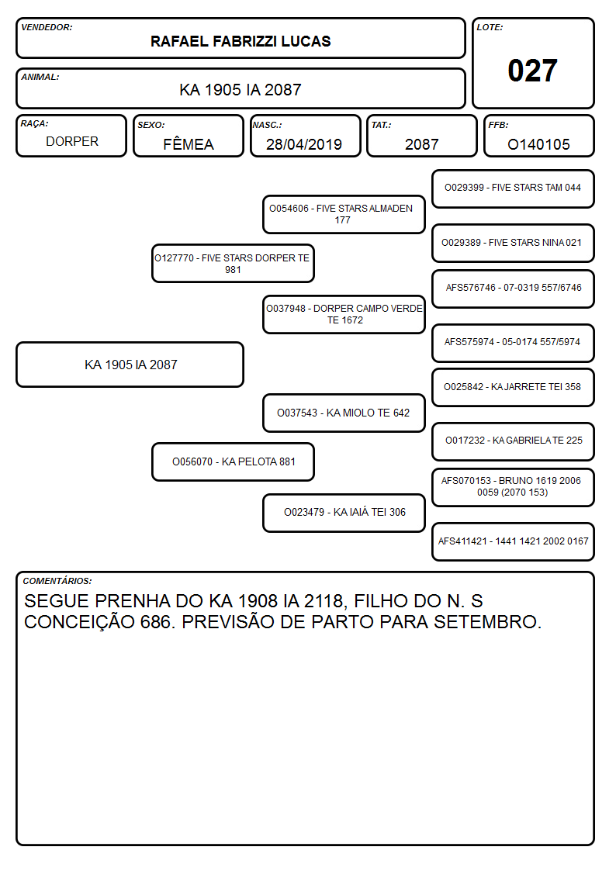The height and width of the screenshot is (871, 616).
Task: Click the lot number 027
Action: (532, 71)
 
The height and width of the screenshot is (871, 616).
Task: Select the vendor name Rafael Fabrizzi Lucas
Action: (241, 41)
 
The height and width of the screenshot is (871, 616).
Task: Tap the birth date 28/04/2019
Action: (304, 144)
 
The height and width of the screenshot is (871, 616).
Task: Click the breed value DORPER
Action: (72, 142)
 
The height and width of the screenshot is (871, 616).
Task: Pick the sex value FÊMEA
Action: (189, 143)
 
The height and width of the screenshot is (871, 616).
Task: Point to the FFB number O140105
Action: (538, 144)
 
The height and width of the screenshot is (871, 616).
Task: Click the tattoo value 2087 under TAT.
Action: (421, 144)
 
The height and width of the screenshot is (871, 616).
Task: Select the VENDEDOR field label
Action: (47, 27)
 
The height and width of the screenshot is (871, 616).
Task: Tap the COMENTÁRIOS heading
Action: (57, 581)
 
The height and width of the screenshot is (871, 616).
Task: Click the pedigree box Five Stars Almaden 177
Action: (344, 214)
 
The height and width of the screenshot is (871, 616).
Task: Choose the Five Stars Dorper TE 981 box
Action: (234, 264)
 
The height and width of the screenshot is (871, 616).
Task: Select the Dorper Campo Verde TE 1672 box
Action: (344, 314)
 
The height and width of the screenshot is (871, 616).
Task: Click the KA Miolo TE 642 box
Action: (344, 413)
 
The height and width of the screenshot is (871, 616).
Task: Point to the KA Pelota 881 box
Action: (234, 461)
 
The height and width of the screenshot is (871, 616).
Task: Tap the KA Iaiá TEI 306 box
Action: (344, 513)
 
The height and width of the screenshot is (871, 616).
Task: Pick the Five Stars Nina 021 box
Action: (513, 243)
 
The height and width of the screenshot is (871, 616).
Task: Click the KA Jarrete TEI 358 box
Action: (513, 387)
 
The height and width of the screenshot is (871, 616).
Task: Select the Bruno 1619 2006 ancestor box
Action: (513, 487)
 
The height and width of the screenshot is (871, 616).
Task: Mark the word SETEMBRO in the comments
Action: (487, 622)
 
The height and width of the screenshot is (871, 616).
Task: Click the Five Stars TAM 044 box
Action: (513, 189)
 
